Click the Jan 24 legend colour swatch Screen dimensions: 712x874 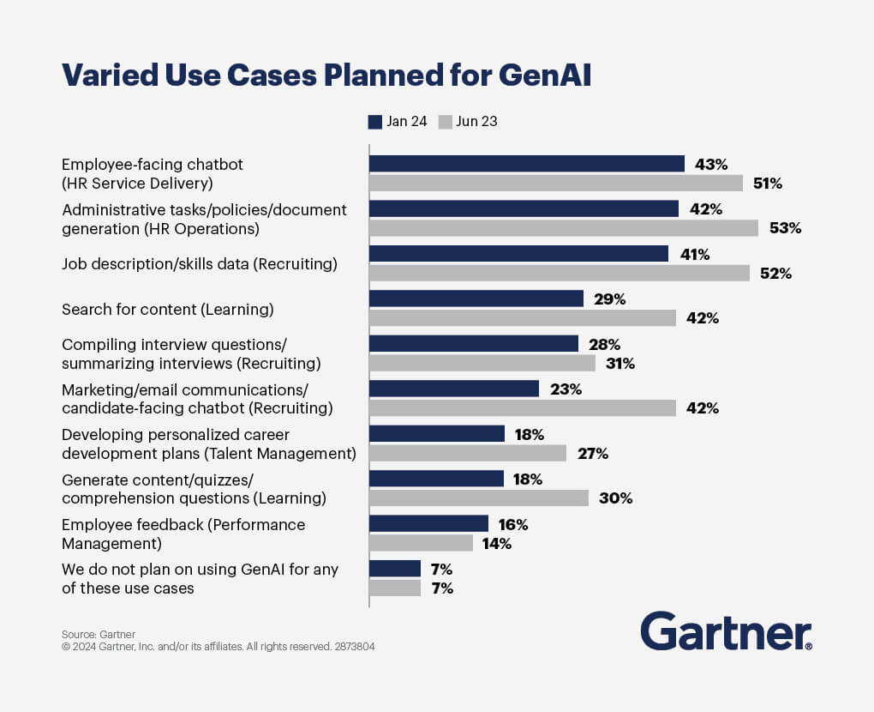(x=374, y=122)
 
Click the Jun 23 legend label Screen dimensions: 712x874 (x=476, y=122)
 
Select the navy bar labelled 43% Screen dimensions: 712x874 (x=526, y=164)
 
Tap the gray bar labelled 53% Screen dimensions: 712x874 (x=563, y=228)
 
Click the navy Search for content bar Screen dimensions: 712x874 (x=476, y=299)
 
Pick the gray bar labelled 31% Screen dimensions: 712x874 (x=482, y=364)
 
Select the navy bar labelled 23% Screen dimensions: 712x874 (x=453, y=389)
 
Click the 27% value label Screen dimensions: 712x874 (x=592, y=454)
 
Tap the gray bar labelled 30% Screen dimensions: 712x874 (x=478, y=498)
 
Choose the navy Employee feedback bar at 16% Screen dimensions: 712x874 (x=428, y=524)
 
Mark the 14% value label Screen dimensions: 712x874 (x=497, y=543)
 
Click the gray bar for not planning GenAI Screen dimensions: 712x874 (x=394, y=588)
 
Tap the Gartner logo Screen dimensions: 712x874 (x=726, y=631)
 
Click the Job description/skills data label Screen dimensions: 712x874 (x=200, y=264)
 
